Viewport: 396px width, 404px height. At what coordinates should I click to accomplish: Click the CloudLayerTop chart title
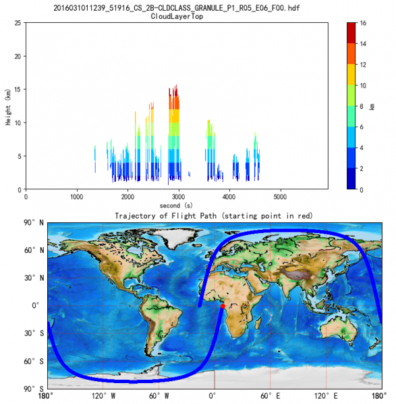(177, 15)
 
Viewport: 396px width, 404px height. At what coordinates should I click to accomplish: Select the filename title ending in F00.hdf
(177, 7)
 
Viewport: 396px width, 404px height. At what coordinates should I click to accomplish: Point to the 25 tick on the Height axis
(18, 22)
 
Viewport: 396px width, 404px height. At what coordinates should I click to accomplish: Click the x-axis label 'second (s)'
(177, 205)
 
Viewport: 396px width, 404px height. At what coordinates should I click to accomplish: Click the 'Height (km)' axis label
(7, 106)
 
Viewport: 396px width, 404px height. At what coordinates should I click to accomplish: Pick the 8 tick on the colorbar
(364, 106)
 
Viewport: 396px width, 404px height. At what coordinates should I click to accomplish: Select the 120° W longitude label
(103, 395)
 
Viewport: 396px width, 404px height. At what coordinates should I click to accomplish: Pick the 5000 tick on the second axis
(280, 197)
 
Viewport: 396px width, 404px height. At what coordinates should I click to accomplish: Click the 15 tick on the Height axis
(18, 89)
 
